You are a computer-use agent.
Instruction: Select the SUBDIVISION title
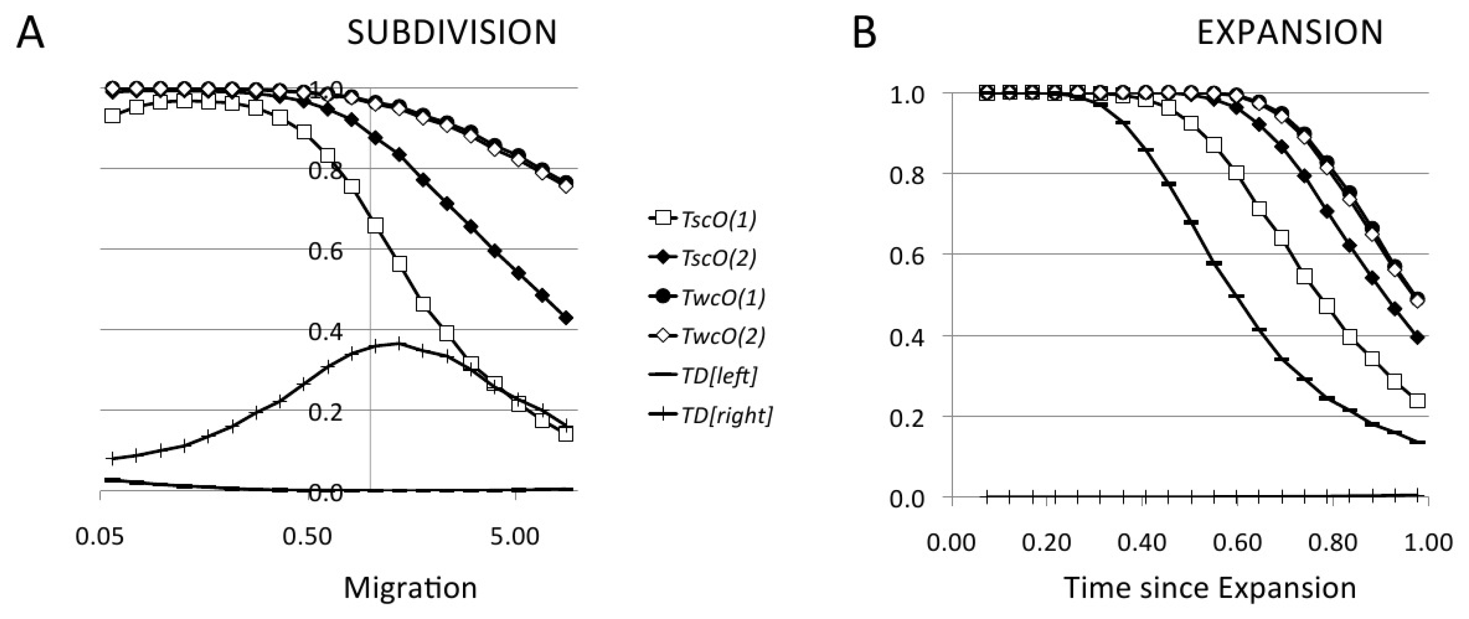tap(452, 32)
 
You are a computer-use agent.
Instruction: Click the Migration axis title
tap(410, 587)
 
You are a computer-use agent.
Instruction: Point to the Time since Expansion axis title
tap(1209, 587)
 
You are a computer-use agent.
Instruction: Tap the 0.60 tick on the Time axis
tap(1237, 542)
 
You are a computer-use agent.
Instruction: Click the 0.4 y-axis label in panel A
tap(326, 332)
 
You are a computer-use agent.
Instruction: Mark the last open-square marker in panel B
tap(1417, 401)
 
